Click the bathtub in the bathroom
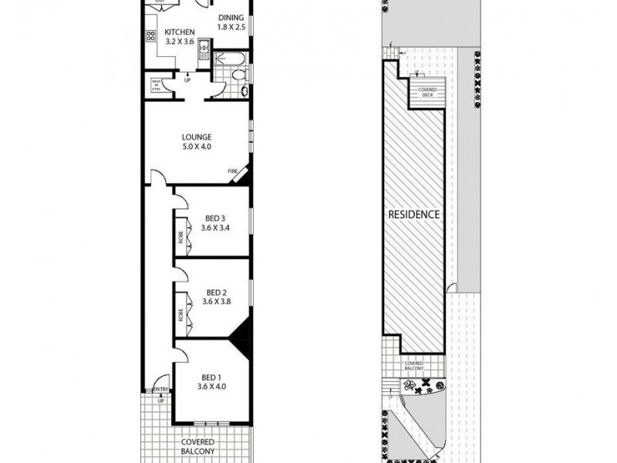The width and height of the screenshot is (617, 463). pyautogui.click(x=231, y=58)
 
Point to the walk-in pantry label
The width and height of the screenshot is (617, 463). pyautogui.click(x=156, y=84)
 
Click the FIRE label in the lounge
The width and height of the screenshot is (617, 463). pyautogui.click(x=232, y=171)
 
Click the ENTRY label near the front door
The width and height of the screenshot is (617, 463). pyautogui.click(x=161, y=389)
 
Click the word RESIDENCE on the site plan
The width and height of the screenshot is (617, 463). pyautogui.click(x=414, y=214)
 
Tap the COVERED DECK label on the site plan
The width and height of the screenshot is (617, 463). pyautogui.click(x=427, y=91)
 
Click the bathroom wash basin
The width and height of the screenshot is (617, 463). pyautogui.click(x=245, y=90)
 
